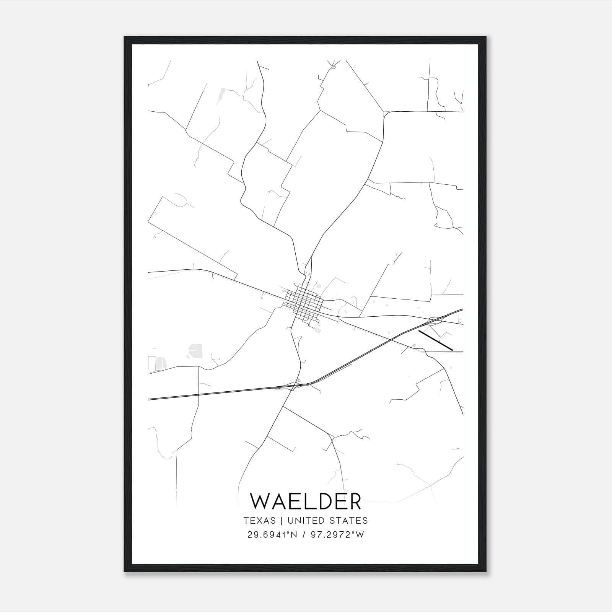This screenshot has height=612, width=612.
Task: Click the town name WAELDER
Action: point(305,501)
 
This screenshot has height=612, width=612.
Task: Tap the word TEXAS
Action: point(259,521)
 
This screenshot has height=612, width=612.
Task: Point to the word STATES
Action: point(349,521)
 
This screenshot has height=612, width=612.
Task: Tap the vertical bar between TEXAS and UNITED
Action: point(281,521)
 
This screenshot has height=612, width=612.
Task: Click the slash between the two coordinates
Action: point(304,535)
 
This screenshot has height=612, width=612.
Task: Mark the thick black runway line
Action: point(436,340)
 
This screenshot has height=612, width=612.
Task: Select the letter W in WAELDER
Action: point(260,501)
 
